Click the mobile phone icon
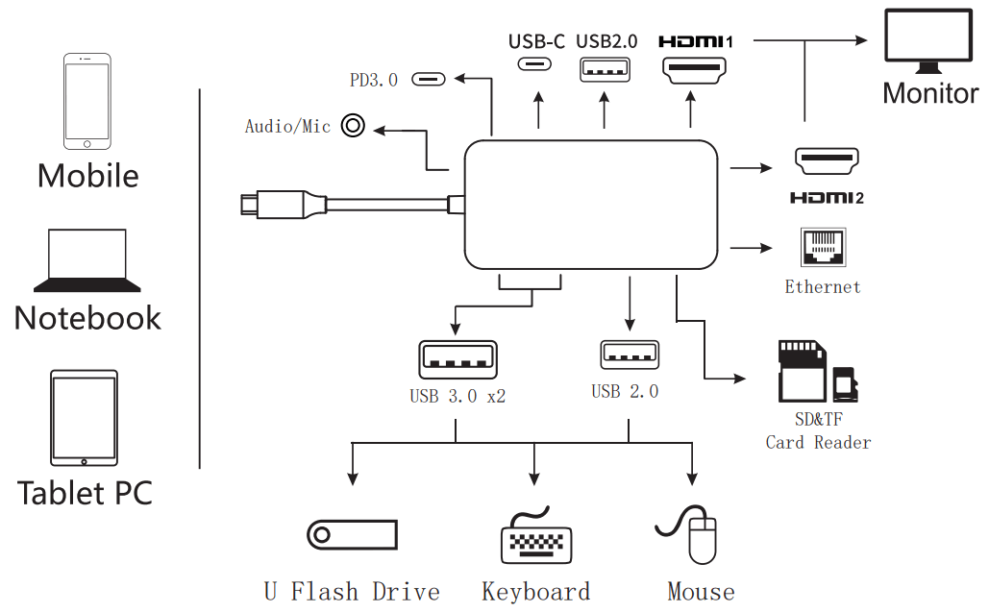point(87,102)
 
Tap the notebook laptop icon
point(87,260)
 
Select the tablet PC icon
point(84,418)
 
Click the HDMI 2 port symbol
point(826,161)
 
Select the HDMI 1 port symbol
point(694,70)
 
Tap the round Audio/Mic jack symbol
point(355,127)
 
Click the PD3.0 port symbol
point(429,79)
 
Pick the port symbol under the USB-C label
point(536,64)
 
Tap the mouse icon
point(701,539)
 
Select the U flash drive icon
point(352,534)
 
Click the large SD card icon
point(802,371)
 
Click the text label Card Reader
point(818,443)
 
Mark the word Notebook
point(87,318)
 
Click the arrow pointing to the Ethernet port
point(752,249)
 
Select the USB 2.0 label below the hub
point(625,392)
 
